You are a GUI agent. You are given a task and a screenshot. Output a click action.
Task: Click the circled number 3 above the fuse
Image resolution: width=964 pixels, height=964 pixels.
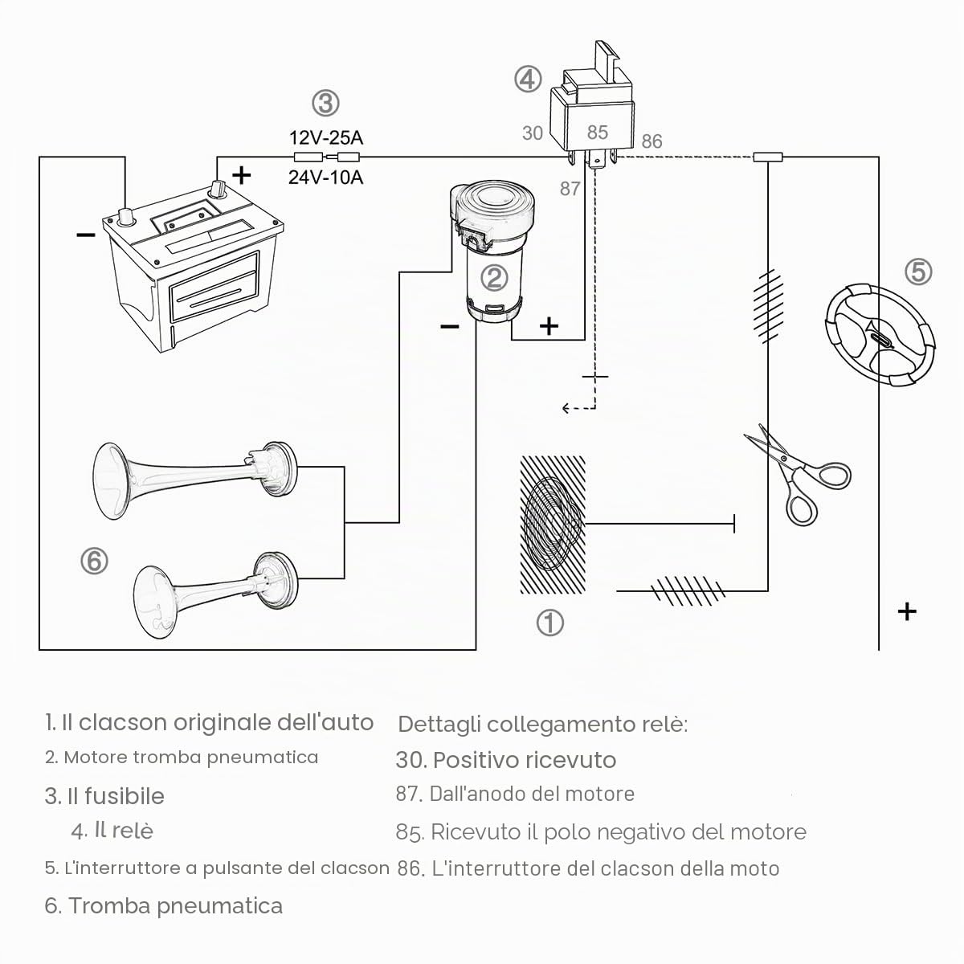tap(325, 104)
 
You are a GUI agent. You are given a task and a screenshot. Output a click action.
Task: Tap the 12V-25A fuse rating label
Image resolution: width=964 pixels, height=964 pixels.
tap(325, 137)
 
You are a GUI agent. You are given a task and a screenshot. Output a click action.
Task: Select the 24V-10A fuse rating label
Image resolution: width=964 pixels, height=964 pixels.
tap(325, 178)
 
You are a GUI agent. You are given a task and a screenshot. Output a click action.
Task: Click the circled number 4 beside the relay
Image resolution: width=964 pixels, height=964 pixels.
tap(528, 79)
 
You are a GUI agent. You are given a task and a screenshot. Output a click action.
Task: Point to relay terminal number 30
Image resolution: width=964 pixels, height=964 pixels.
tap(533, 133)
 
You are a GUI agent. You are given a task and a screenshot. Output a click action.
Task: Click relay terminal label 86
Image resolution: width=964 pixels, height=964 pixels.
tap(652, 141)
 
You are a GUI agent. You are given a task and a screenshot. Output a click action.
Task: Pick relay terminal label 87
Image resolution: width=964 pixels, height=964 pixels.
tap(570, 189)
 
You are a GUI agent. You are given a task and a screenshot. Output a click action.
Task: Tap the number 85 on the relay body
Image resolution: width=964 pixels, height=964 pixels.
tap(598, 133)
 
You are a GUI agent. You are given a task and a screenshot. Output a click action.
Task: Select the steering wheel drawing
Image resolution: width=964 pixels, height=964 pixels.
tap(880, 335)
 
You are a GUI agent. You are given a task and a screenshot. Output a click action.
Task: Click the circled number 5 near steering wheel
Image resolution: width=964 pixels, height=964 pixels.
tap(918, 272)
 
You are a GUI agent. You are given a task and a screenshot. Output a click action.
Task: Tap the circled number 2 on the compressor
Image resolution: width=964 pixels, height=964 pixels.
tap(494, 278)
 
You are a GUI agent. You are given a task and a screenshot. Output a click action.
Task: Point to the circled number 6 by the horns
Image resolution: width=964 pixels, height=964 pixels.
tap(94, 561)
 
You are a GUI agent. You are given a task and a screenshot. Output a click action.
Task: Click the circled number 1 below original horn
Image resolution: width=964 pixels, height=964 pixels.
tap(549, 623)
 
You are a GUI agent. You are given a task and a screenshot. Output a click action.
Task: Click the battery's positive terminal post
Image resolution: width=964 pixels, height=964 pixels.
tap(218, 189)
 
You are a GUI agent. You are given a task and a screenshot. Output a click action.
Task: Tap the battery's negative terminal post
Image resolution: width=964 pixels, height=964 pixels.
tap(125, 216)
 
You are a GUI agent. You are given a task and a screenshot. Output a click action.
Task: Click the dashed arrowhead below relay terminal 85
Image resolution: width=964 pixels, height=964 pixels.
tap(566, 409)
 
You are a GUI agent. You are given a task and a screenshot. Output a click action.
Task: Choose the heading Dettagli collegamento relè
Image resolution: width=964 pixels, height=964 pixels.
tap(543, 725)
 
